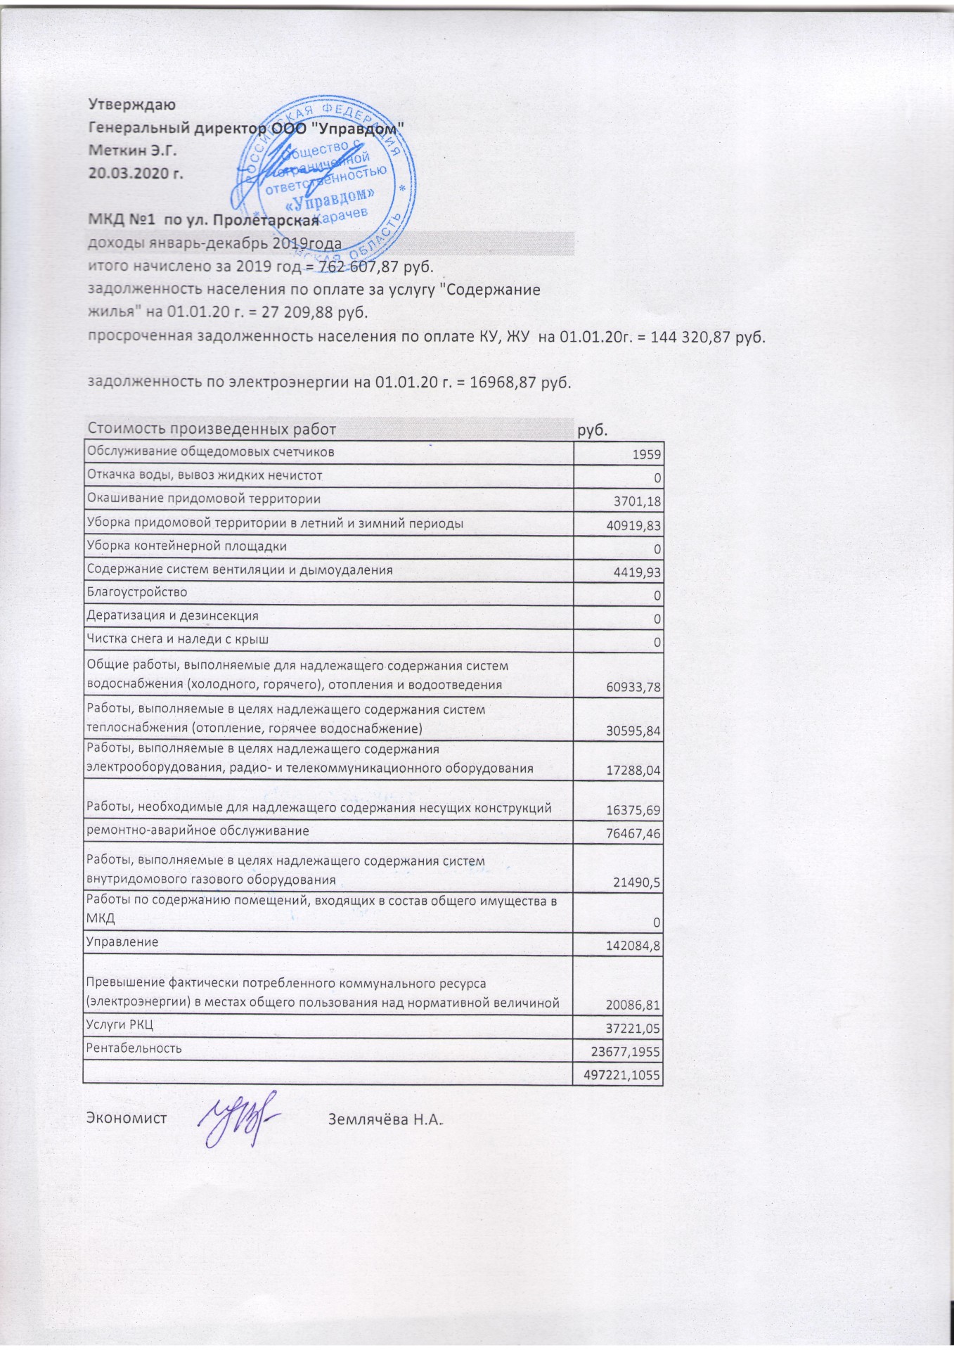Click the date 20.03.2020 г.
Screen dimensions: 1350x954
(x=135, y=173)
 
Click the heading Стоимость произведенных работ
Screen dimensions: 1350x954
(x=211, y=429)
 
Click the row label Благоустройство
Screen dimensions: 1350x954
(x=136, y=592)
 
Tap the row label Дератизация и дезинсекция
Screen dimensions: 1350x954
(x=172, y=616)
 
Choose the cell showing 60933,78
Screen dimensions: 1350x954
(x=633, y=687)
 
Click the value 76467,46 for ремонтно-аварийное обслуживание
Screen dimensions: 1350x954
(x=633, y=834)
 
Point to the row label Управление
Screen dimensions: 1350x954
(x=122, y=941)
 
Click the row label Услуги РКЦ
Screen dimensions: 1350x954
(x=120, y=1024)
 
